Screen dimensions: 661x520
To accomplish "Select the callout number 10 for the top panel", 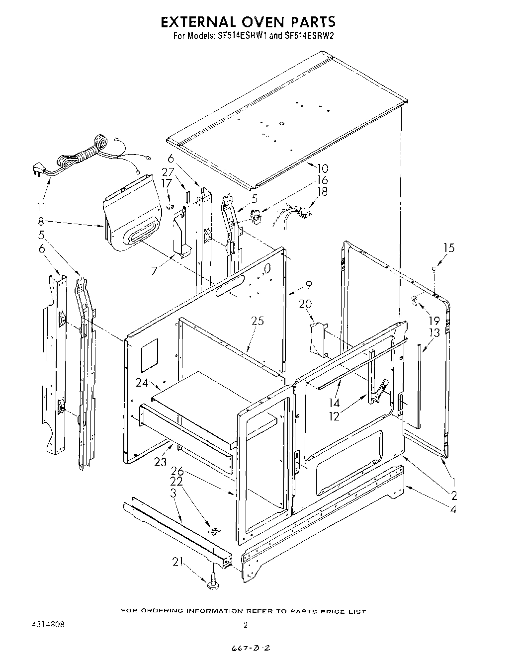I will click(x=323, y=168).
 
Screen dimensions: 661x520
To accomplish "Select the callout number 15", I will click(x=448, y=248).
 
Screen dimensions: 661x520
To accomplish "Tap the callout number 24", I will click(x=142, y=382).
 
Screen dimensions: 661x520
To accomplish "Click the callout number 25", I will click(x=257, y=321).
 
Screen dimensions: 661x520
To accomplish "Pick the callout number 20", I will click(x=305, y=304).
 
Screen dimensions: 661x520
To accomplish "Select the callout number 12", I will click(x=334, y=416).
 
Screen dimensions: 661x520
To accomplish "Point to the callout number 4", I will click(x=453, y=508).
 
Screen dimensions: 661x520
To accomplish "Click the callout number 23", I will click(x=160, y=461).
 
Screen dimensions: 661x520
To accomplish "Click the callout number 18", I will click(x=323, y=191).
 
